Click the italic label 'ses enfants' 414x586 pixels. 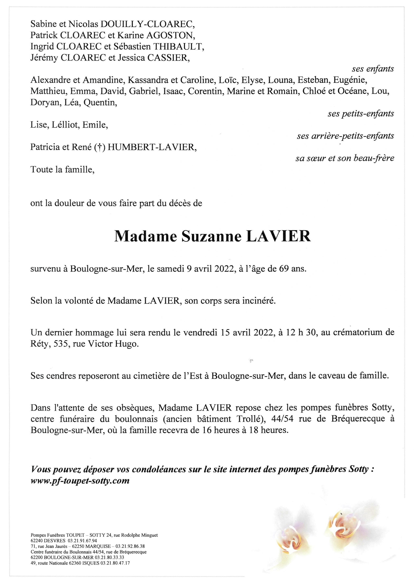click(x=373, y=69)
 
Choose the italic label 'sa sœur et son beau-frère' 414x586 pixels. click(x=345, y=159)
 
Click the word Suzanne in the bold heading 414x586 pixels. click(x=211, y=237)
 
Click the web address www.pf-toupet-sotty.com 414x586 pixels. click(x=80, y=481)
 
